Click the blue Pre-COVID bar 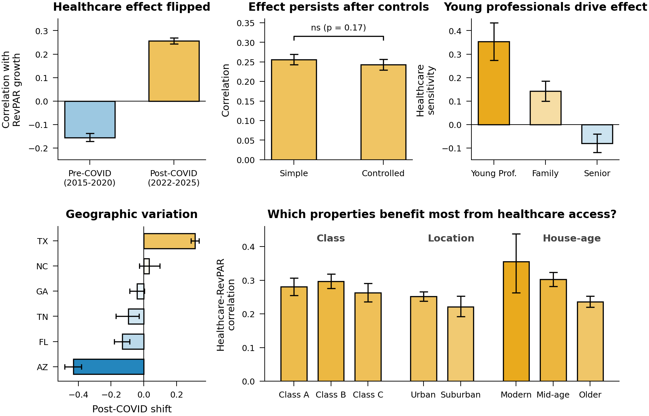point(90,119)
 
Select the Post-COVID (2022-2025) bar point(174,71)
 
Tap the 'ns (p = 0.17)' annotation point(338,28)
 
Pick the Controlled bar point(383,112)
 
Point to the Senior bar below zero point(597,134)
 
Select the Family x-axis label point(545,174)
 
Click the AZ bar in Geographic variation point(109,367)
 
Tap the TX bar point(169,241)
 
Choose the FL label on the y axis point(43,342)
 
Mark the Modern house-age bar point(516,322)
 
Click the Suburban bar point(460,344)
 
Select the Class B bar point(331,331)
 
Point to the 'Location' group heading point(451,238)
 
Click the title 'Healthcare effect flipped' point(132,7)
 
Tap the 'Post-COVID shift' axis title point(132,409)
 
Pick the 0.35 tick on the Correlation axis point(246,23)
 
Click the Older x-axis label point(590,395)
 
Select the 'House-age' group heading point(572,238)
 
